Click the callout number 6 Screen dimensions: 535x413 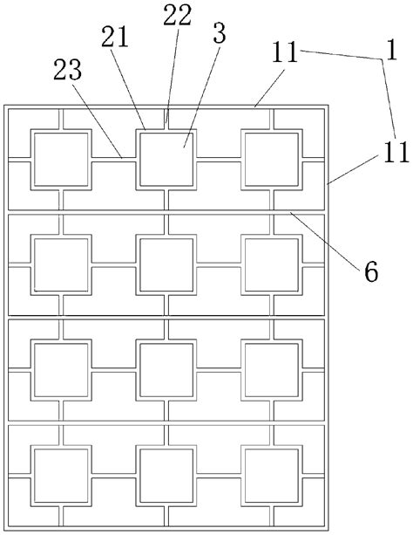tap(370, 271)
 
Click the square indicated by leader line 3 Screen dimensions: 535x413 tap(166, 160)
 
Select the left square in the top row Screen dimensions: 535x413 tap(60, 160)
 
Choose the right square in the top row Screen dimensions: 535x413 tap(271, 160)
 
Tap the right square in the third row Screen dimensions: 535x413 tap(271, 370)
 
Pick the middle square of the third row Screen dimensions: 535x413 tap(166, 370)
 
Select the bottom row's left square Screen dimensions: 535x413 tap(60, 477)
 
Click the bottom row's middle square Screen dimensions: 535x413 tap(166, 477)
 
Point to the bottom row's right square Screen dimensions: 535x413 tap(271, 477)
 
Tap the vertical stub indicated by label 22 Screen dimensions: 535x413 tap(166, 119)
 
